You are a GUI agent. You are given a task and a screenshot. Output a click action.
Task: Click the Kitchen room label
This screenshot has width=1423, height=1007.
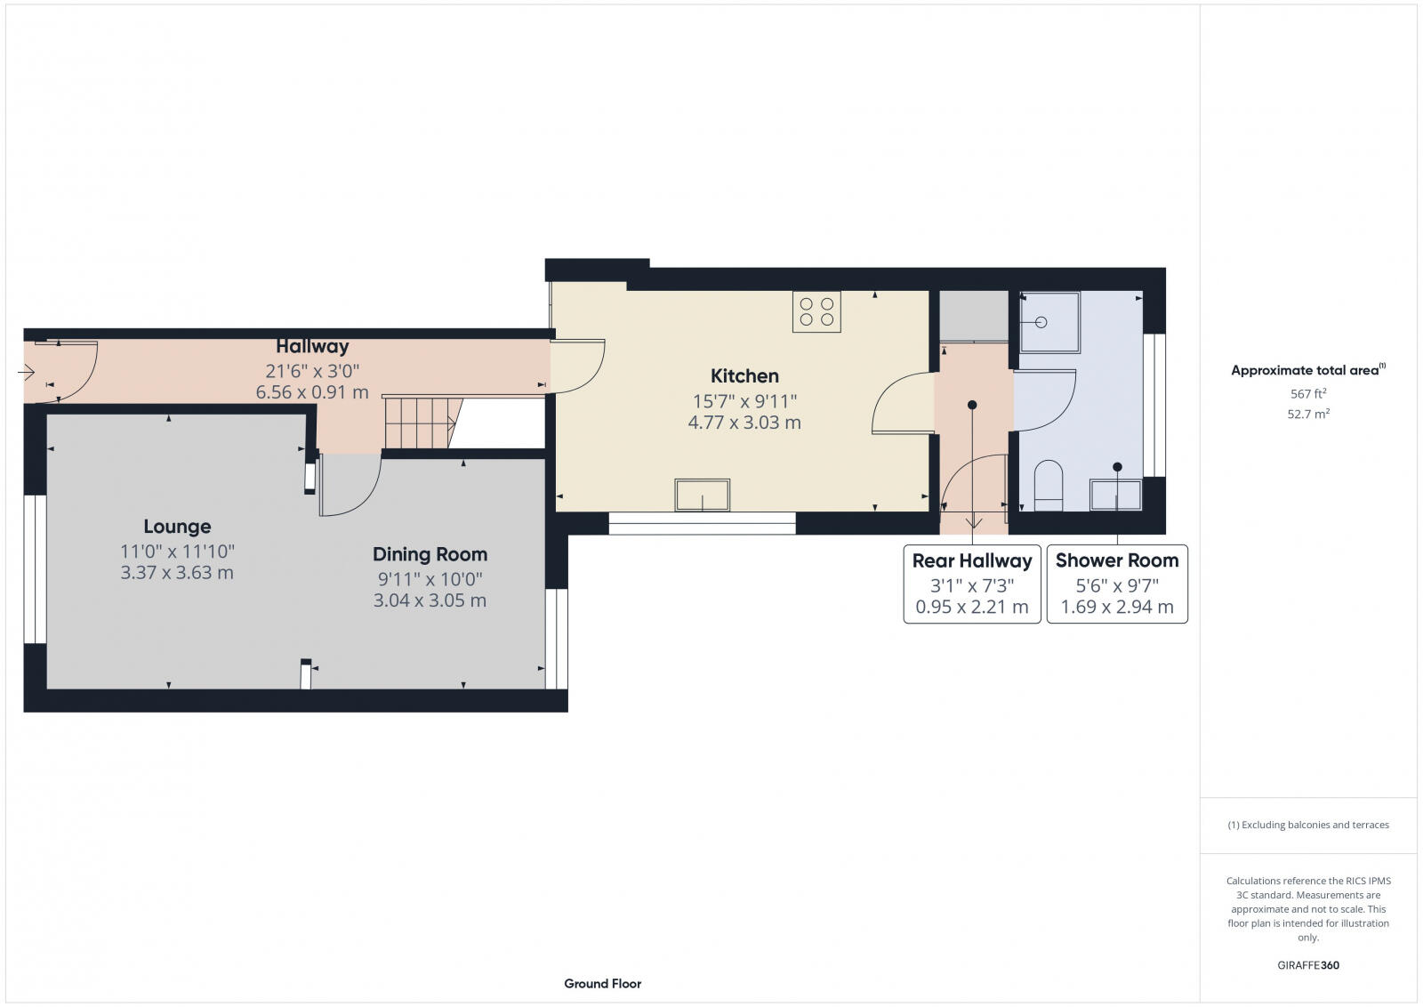(744, 376)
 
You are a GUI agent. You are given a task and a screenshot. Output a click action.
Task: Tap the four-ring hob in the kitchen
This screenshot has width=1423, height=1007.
(816, 312)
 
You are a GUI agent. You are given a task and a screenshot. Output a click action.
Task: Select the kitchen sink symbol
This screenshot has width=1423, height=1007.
(703, 495)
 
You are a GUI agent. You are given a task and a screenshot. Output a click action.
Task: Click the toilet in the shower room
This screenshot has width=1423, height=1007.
(1049, 486)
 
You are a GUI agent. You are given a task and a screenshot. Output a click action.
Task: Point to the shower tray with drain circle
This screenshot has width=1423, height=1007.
(1049, 322)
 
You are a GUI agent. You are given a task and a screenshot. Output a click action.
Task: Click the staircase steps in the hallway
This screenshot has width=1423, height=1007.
(416, 423)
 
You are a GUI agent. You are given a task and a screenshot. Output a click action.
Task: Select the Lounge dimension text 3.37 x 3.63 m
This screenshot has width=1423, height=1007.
(177, 573)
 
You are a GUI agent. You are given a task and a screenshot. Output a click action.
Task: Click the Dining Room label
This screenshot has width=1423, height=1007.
(430, 554)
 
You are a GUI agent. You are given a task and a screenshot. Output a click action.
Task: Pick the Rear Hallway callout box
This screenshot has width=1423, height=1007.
(972, 584)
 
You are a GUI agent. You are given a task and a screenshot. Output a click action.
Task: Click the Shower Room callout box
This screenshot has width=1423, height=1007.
(1117, 584)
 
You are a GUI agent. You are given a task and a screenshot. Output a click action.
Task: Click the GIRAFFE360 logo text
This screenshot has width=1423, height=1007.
(1307, 965)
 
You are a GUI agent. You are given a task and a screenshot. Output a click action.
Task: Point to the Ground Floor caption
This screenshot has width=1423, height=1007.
(602, 983)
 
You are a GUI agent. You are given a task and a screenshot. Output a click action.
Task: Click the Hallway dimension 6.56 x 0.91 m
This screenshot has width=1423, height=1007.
(312, 392)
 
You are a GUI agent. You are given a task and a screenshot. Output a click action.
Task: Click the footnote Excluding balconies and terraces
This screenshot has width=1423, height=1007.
(1308, 825)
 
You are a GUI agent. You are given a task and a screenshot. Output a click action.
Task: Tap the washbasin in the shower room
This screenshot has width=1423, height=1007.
(1116, 495)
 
